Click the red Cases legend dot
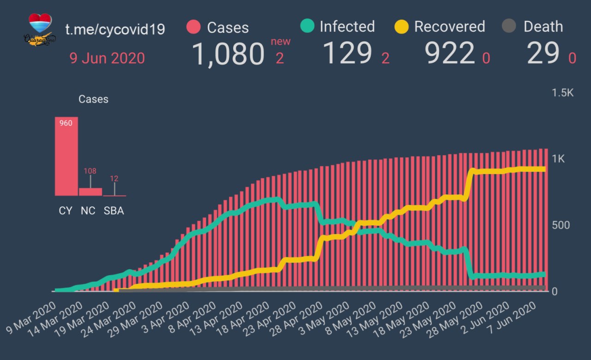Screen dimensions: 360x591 [193, 27]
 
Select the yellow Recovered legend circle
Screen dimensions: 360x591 [401, 27]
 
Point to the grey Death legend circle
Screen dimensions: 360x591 [508, 26]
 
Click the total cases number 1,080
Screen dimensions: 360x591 [228, 54]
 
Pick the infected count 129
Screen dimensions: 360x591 [347, 53]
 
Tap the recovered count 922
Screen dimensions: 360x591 [450, 54]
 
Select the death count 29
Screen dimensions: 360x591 [543, 54]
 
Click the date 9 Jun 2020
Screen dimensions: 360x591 [107, 59]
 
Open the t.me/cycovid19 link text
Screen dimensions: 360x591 [115, 29]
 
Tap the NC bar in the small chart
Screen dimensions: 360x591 [90, 192]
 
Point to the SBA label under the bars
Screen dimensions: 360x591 [114, 211]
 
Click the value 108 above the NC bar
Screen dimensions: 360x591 [90, 171]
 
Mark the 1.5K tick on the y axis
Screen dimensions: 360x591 [562, 93]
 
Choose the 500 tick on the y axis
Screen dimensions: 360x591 [561, 225]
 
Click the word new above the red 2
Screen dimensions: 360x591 [281, 42]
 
